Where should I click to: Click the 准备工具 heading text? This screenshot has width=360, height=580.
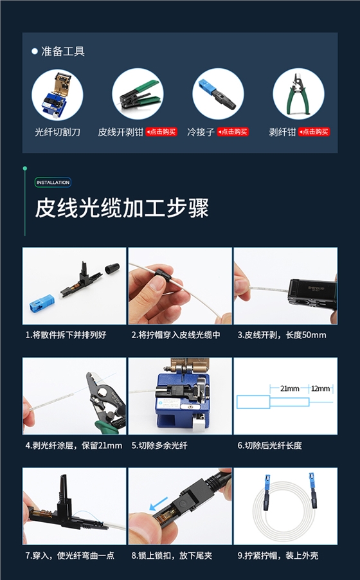(x=63, y=51)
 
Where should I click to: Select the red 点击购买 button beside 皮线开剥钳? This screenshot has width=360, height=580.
(x=161, y=132)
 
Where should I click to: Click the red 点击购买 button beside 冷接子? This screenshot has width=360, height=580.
(x=233, y=132)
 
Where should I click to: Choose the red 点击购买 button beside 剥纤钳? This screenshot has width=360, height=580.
(x=314, y=132)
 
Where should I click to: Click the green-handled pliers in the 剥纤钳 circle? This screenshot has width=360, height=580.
(x=298, y=94)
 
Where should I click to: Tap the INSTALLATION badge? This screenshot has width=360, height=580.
(x=53, y=183)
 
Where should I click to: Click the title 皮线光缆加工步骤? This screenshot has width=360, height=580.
(x=122, y=209)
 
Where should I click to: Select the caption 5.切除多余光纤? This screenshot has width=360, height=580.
(x=159, y=445)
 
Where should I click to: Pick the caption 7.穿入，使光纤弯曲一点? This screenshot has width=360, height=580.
(x=69, y=555)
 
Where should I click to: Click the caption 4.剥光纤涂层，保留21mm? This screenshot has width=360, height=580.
(x=73, y=445)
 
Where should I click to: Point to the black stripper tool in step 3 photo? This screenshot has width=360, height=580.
(x=312, y=292)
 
